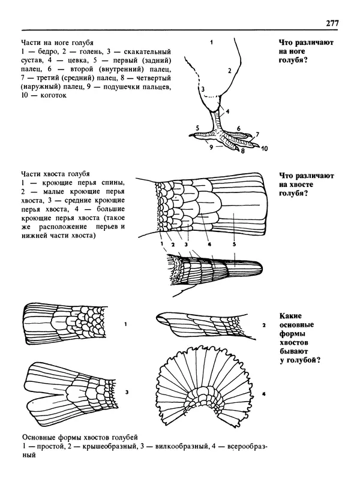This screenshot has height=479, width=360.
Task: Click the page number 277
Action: [x=332, y=23]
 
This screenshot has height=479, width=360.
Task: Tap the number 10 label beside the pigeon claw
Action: [x=263, y=147]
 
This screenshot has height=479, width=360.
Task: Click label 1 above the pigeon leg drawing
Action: [x=212, y=43]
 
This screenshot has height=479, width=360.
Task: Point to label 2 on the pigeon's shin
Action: [x=229, y=70]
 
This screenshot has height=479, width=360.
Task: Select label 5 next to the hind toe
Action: [x=197, y=127]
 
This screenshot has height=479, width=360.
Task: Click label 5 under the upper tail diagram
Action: [x=235, y=244]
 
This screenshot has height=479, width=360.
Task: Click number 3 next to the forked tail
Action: [x=127, y=392]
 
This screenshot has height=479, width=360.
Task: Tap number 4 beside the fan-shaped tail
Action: [x=263, y=394]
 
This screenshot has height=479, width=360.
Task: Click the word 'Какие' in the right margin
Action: [x=291, y=316]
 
